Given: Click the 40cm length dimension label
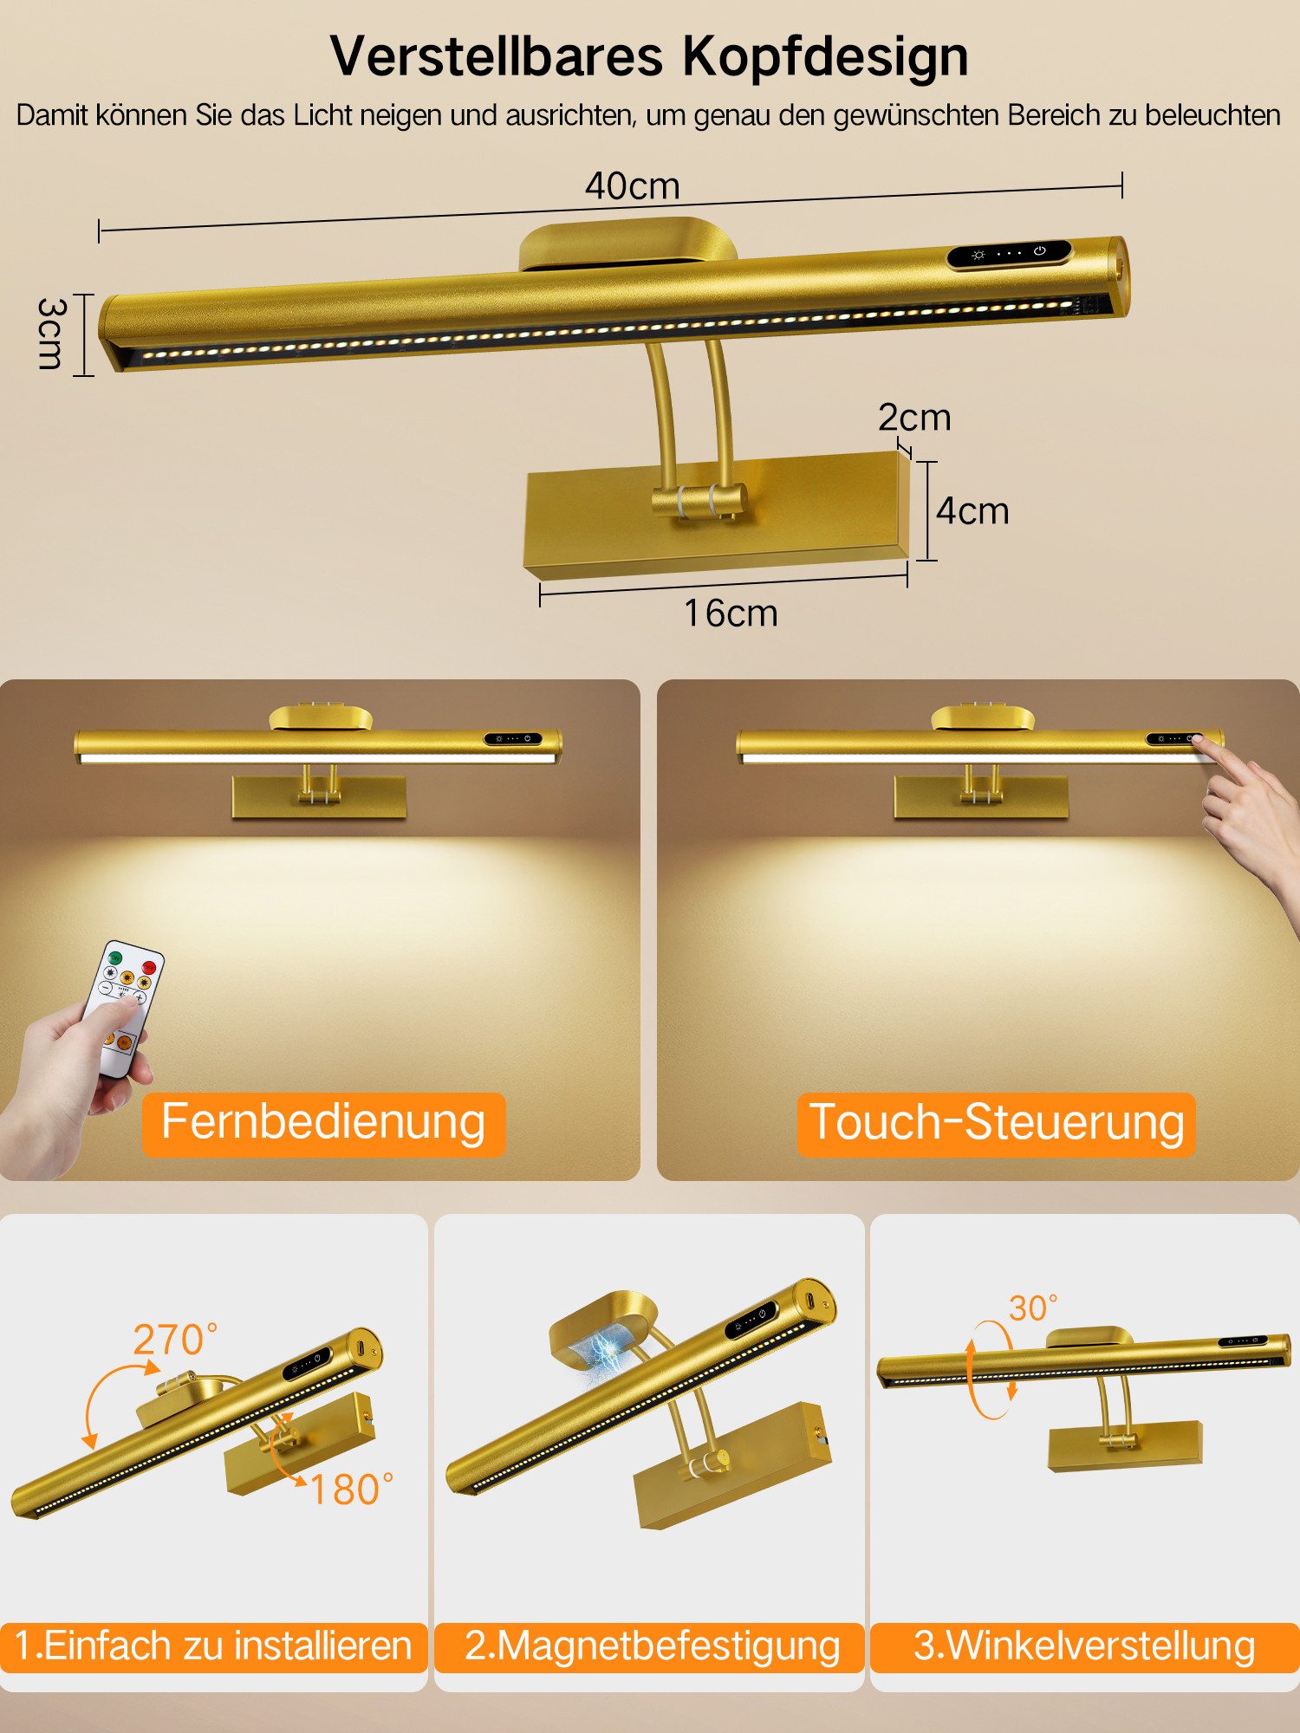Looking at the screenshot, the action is pyautogui.click(x=632, y=186).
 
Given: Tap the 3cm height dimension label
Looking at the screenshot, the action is pyautogui.click(x=51, y=334).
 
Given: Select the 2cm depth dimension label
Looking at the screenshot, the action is pyautogui.click(x=914, y=418).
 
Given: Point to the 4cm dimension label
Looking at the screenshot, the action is pyautogui.click(x=972, y=511).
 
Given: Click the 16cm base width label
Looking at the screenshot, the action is pyautogui.click(x=731, y=613).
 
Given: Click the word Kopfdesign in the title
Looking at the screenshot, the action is pyautogui.click(x=825, y=57).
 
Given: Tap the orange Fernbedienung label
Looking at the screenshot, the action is pyautogui.click(x=323, y=1124).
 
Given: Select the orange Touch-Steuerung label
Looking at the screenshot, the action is pyautogui.click(x=996, y=1124).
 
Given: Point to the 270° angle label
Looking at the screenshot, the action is pyautogui.click(x=175, y=1340).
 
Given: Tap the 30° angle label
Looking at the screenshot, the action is pyautogui.click(x=1033, y=1308).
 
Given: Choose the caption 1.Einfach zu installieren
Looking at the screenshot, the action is pyautogui.click(x=213, y=1646).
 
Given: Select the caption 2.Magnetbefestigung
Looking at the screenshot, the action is pyautogui.click(x=651, y=1646).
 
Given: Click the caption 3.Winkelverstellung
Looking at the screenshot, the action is pyautogui.click(x=1084, y=1646).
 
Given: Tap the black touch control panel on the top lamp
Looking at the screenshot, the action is pyautogui.click(x=1009, y=254).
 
